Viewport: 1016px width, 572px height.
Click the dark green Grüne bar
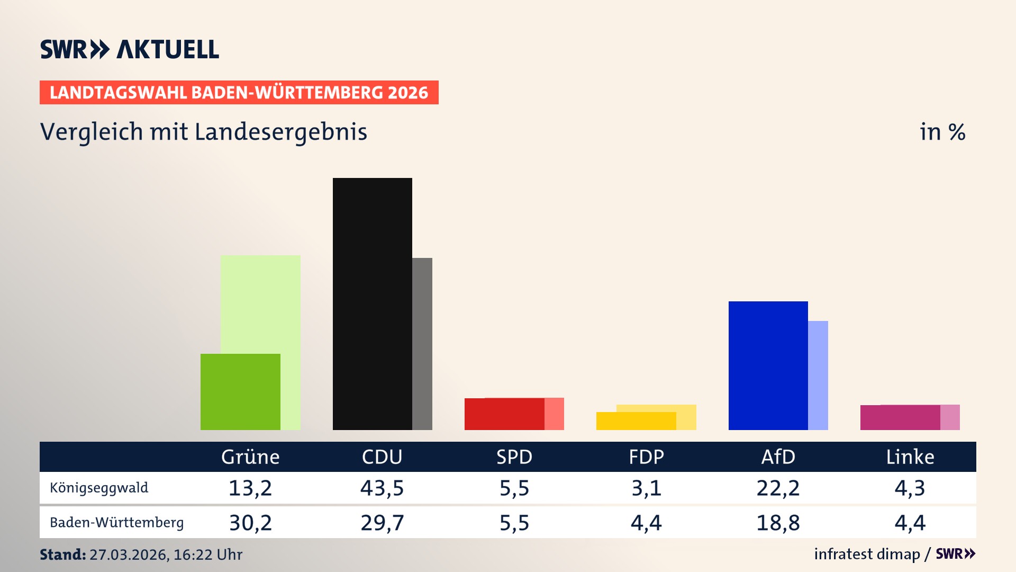240,392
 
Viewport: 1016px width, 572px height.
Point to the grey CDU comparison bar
422,344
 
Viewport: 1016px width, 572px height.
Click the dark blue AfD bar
768,365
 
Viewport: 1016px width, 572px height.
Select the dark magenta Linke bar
900,417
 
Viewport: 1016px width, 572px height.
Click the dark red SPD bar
504,414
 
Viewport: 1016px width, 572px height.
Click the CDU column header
382,457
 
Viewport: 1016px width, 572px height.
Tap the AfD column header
778,457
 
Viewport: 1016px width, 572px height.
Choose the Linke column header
910,457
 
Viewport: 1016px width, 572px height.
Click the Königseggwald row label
99,488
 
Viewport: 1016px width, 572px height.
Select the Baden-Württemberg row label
116,523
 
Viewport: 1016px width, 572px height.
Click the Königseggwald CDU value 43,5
382,488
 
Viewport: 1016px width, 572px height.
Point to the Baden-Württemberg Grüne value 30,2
250,523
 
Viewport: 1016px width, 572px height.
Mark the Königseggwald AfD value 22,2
778,488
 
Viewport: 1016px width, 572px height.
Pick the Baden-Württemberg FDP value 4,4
646,523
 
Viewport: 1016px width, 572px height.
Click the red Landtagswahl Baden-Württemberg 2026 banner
239,93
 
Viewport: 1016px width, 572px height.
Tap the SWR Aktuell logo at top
130,50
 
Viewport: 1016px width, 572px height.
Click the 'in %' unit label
942,132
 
